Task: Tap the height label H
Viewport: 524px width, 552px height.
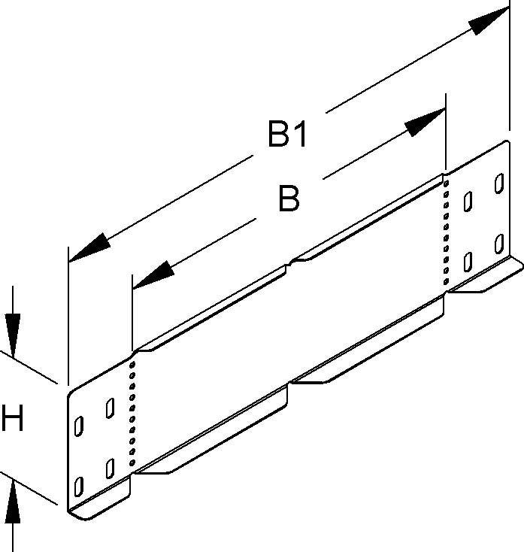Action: tap(14, 420)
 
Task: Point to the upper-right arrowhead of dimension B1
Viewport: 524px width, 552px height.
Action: tap(487, 23)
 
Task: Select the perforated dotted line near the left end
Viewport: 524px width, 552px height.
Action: tap(134, 413)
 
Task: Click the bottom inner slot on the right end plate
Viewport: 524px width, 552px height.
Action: tap(468, 261)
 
